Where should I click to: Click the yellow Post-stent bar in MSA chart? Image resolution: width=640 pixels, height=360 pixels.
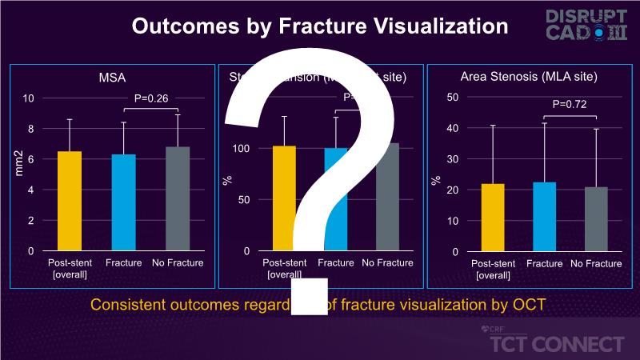point(70,201)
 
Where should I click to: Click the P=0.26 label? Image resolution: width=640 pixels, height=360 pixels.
point(150,99)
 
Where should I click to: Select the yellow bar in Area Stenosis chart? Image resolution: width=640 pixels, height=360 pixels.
point(493,218)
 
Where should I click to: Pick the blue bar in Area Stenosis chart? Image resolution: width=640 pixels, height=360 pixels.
point(544,217)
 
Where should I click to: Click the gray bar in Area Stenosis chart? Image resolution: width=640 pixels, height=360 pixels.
point(596,219)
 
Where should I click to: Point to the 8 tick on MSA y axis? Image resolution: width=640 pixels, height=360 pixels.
point(30,128)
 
